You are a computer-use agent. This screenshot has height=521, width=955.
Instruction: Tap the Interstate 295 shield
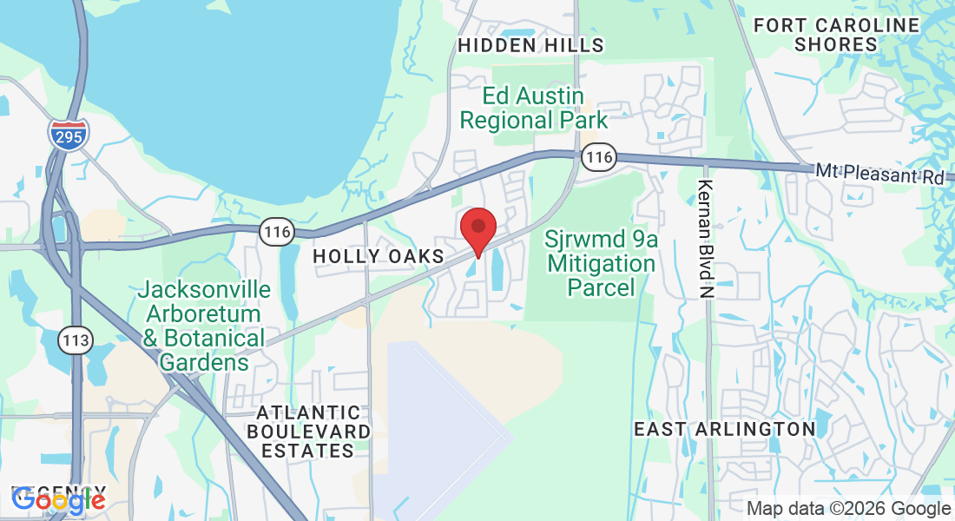pyautogui.click(x=68, y=135)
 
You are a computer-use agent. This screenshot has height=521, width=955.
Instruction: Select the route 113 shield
pyautogui.click(x=76, y=340)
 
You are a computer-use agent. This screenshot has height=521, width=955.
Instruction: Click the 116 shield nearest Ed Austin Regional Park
pyautogui.click(x=599, y=157)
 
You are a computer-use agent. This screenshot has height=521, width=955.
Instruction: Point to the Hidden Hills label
pyautogui.click(x=531, y=45)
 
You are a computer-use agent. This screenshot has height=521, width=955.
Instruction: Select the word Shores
pyautogui.click(x=836, y=44)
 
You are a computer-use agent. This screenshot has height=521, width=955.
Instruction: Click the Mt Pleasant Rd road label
pyautogui.click(x=879, y=175)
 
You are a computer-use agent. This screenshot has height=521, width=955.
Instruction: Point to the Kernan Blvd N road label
pyautogui.click(x=705, y=240)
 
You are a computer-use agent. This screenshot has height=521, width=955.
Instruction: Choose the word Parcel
pyautogui.click(x=600, y=287)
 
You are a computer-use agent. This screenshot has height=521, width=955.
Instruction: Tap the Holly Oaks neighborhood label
pyautogui.click(x=379, y=256)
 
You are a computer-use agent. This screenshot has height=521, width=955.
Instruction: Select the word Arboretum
pyautogui.click(x=204, y=313)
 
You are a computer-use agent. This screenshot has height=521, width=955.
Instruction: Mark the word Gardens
pyautogui.click(x=204, y=361)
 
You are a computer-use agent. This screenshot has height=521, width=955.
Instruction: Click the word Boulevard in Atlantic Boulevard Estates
pyautogui.click(x=308, y=432)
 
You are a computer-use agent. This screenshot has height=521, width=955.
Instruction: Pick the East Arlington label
pyautogui.click(x=724, y=429)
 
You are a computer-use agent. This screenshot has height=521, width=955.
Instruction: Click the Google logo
pyautogui.click(x=58, y=499)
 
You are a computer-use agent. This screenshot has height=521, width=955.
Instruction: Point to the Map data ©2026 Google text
pyautogui.click(x=849, y=509)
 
